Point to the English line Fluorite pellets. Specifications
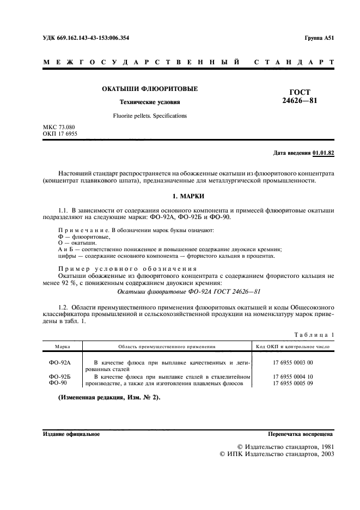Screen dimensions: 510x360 pos(150,116)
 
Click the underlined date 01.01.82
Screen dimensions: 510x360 pos(324,153)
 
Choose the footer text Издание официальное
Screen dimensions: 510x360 pos(71,434)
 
